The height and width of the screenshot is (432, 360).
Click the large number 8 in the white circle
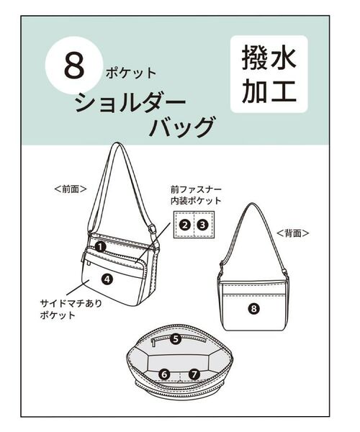click(74, 66)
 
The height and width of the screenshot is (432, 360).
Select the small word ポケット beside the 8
click(130, 73)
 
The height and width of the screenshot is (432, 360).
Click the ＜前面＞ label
click(71, 189)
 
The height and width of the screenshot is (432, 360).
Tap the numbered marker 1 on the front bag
click(102, 246)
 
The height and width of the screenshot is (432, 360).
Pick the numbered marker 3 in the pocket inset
click(203, 225)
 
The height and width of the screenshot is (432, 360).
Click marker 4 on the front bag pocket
click(107, 278)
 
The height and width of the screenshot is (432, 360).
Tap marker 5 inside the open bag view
click(176, 338)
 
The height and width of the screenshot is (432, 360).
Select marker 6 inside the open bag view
click(164, 374)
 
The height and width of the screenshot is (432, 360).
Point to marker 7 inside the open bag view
click(194, 374)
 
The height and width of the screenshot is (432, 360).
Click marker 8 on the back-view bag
click(253, 309)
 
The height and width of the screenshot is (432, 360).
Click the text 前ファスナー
click(194, 189)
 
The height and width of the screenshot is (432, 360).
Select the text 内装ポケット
click(195, 201)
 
